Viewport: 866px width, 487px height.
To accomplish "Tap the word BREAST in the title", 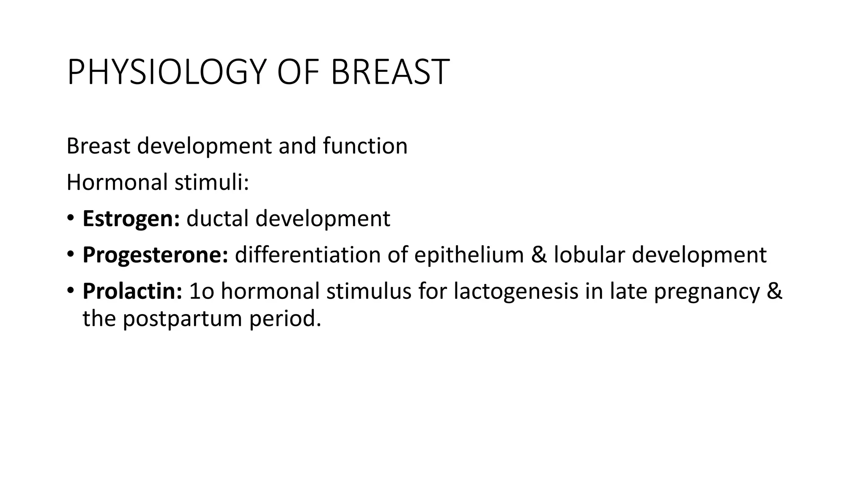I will tap(389, 72).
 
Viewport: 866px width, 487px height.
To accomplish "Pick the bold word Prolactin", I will tap(132, 291).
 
